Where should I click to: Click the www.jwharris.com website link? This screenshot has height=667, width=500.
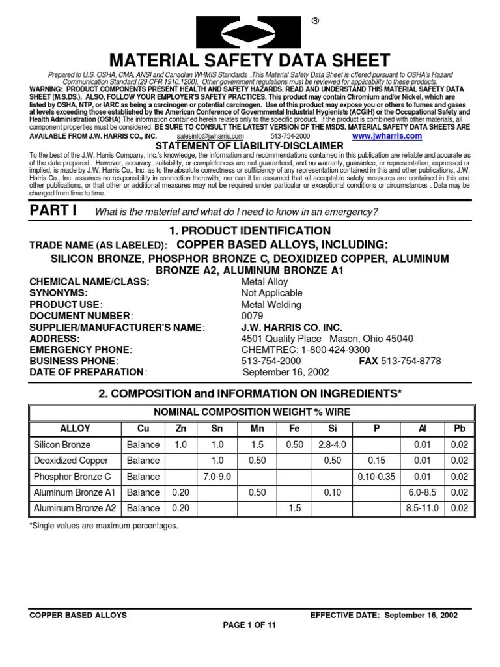(x=387, y=137)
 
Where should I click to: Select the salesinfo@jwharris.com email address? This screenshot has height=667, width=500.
(x=210, y=137)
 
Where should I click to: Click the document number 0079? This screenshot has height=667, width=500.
(x=252, y=316)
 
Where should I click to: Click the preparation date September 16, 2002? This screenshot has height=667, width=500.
(x=286, y=372)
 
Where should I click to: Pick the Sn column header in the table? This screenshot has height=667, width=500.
(x=216, y=428)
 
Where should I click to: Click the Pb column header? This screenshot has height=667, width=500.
(x=458, y=428)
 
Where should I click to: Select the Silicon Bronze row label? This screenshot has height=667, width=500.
(x=62, y=445)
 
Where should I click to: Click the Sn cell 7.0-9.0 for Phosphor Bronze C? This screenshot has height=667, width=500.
(x=216, y=477)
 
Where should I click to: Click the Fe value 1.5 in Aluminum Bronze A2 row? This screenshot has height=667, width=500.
(x=291, y=508)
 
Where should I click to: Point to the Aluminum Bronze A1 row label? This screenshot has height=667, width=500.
(x=74, y=492)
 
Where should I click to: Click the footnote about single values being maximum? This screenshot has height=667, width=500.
(x=103, y=525)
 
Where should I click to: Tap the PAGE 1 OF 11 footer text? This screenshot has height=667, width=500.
(x=250, y=624)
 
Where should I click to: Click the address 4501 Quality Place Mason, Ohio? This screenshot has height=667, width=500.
(x=327, y=339)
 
